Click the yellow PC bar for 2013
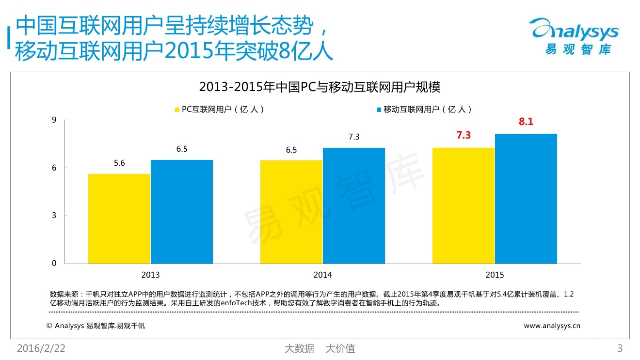[119, 219]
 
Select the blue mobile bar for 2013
[181, 212]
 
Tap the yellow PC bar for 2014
[291, 212]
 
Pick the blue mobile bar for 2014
[353, 205]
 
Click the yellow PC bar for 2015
[464, 205]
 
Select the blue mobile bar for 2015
[526, 199]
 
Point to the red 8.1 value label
[526, 122]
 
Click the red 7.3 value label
[464, 135]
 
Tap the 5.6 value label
[119, 163]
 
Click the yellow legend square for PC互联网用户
[177, 110]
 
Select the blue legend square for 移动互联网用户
[379, 110]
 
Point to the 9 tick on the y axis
[54, 120]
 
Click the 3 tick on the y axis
[54, 216]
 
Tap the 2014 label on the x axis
[322, 275]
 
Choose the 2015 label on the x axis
[495, 275]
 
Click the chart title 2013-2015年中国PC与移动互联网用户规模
[320, 87]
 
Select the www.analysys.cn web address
[552, 326]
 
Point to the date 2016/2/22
[41, 348]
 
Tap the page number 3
[620, 348]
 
